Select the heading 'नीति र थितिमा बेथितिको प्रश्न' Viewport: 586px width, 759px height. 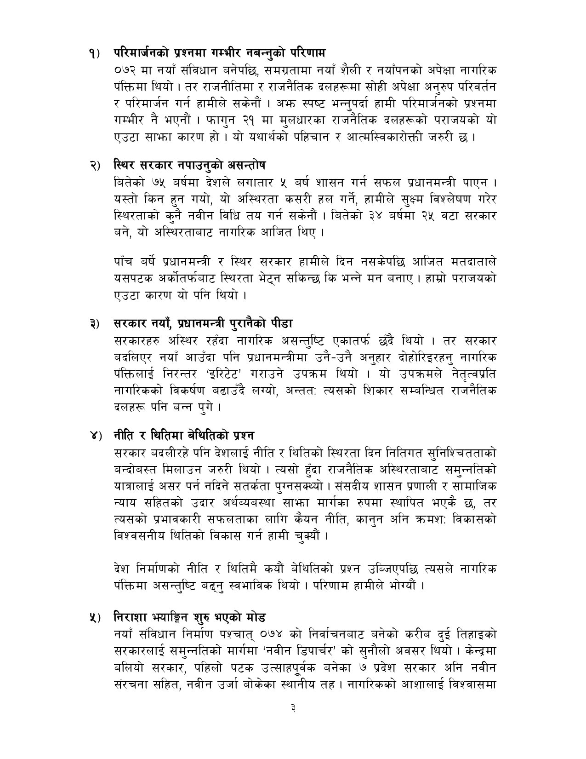coord(184,435)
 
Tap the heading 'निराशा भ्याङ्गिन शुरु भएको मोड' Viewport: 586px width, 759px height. coord(189,616)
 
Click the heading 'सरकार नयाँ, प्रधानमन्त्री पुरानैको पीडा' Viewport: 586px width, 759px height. coord(203,323)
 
